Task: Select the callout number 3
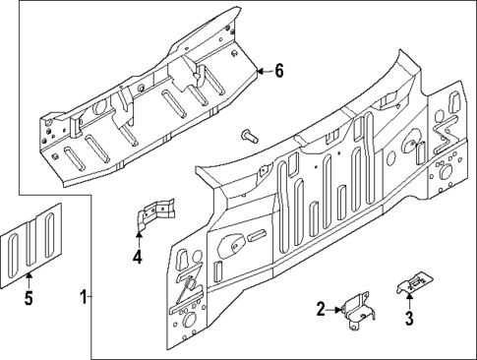point(408,318)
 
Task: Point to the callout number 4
point(138,259)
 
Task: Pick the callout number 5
point(28,298)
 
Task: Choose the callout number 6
point(278,71)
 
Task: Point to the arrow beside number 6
point(263,71)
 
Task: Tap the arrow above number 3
point(408,300)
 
